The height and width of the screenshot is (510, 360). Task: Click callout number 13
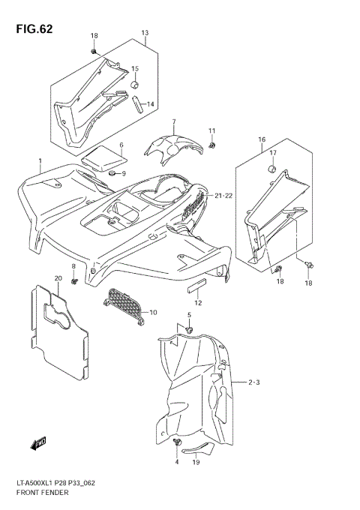tap(145, 34)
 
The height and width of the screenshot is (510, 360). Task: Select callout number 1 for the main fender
tap(40, 161)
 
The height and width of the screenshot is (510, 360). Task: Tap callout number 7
tap(173, 122)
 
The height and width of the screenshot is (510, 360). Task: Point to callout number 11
tap(212, 131)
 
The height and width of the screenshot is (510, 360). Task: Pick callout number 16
tap(262, 139)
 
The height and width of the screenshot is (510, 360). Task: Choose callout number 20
tap(57, 279)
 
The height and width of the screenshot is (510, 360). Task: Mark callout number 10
tap(154, 312)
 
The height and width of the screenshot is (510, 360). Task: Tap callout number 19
tap(195, 463)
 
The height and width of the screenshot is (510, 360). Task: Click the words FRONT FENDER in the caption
tap(47, 492)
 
